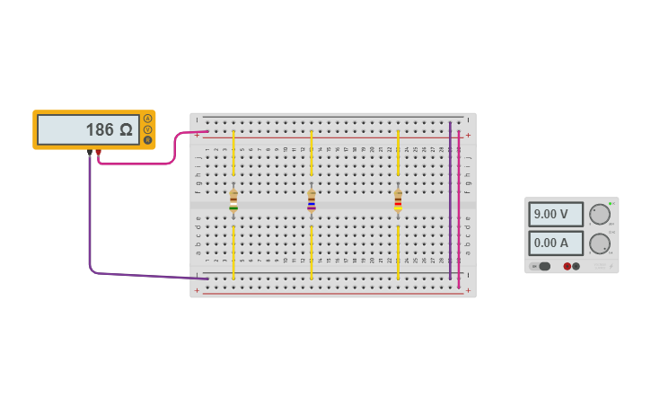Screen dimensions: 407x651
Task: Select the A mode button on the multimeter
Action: point(148,119)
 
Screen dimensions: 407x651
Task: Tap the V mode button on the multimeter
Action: point(148,129)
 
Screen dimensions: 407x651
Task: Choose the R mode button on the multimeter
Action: point(148,139)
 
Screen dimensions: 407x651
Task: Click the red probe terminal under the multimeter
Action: point(99,154)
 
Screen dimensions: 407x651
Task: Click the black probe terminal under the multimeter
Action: point(89,154)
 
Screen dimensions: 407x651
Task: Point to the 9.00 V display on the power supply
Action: point(556,215)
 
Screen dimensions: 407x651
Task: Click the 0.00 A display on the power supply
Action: point(556,243)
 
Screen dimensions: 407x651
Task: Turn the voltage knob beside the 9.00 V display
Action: point(599,214)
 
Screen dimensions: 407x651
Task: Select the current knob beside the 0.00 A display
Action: point(599,243)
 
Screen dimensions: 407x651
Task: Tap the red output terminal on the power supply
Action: point(567,266)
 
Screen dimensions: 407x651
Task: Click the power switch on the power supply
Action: point(543,266)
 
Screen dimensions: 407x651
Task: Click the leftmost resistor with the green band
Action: point(233,200)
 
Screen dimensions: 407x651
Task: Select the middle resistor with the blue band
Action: point(312,200)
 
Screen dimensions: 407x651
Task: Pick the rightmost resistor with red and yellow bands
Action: point(398,200)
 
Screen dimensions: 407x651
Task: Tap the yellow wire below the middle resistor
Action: point(312,252)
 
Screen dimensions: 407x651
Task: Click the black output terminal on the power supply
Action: point(576,266)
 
